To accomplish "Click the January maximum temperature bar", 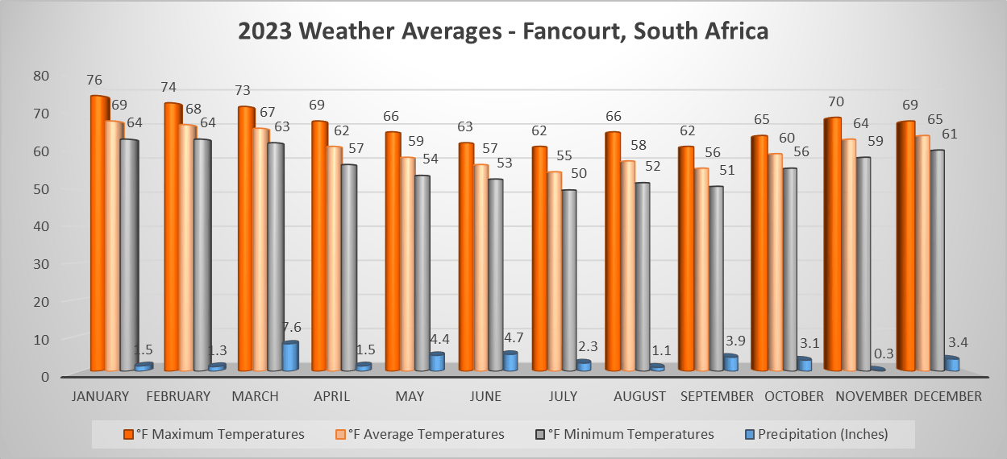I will tap(99, 234).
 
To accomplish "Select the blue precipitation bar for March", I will tap(290, 356).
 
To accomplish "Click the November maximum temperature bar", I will tap(832, 245).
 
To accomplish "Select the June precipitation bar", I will tap(510, 362).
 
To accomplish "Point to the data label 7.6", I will tap(291, 327).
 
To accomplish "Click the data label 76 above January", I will tap(95, 81).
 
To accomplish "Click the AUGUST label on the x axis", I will tap(639, 396).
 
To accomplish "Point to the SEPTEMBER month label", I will tap(717, 396).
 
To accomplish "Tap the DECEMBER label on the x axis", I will tap(947, 396).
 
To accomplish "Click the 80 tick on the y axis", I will tap(41, 76).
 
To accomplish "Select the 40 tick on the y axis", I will tap(41, 226).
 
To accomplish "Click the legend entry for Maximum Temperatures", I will tap(214, 434).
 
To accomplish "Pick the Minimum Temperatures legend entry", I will tap(625, 434).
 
